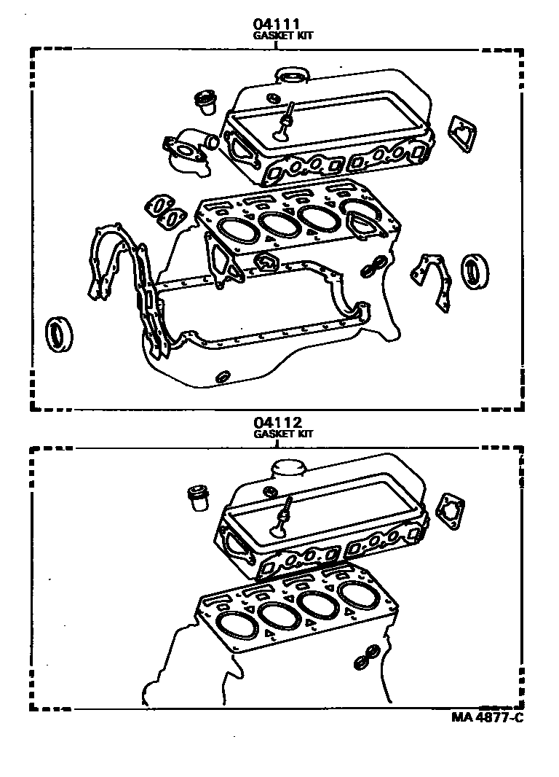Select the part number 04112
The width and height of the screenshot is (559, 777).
(277, 422)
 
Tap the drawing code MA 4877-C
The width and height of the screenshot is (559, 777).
(486, 717)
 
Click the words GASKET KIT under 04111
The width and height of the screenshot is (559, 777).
(283, 35)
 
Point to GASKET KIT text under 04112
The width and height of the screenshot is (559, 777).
(283, 433)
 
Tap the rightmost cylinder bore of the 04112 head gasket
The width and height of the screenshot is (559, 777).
(360, 596)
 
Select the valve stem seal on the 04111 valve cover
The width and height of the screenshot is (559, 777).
(285, 121)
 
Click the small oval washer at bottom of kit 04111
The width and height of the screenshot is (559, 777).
(223, 377)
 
